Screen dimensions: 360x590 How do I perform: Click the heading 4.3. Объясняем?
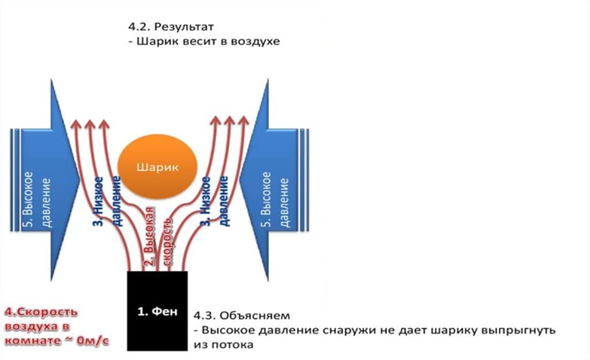point(242,313)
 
